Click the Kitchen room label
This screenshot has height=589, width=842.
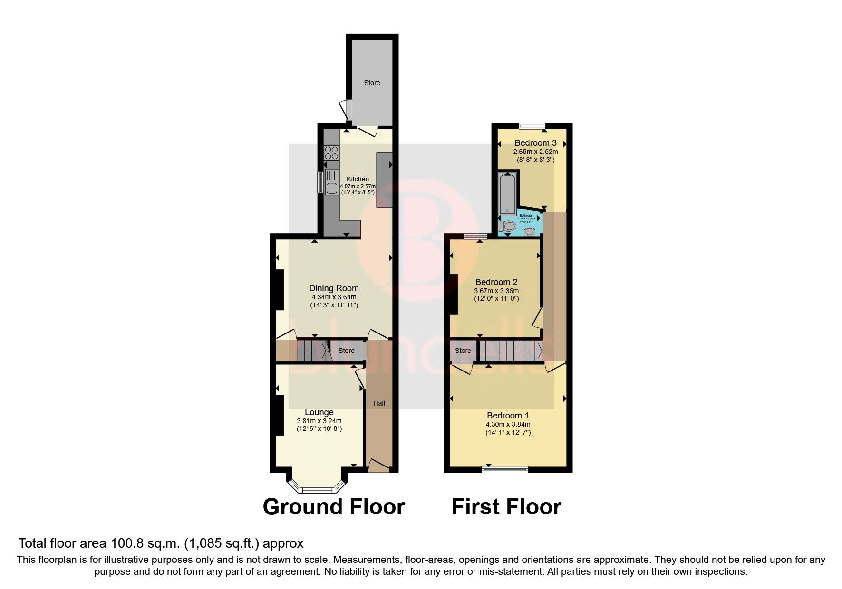click(x=358, y=179)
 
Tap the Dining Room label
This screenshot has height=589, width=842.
click(x=334, y=288)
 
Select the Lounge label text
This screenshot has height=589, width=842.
click(x=319, y=412)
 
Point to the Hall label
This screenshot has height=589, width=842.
click(x=379, y=403)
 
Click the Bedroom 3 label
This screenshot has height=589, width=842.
click(x=535, y=143)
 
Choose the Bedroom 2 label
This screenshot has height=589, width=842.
click(x=496, y=282)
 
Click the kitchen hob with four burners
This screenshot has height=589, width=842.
click(x=331, y=152)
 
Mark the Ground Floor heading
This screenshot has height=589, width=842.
click(x=334, y=507)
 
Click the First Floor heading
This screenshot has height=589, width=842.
click(x=506, y=507)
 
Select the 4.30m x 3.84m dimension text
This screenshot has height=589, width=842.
click(x=508, y=425)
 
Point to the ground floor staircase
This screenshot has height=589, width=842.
click(x=312, y=351)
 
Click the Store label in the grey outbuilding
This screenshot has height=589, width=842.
click(x=372, y=83)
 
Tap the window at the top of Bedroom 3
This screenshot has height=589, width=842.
click(x=532, y=125)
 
